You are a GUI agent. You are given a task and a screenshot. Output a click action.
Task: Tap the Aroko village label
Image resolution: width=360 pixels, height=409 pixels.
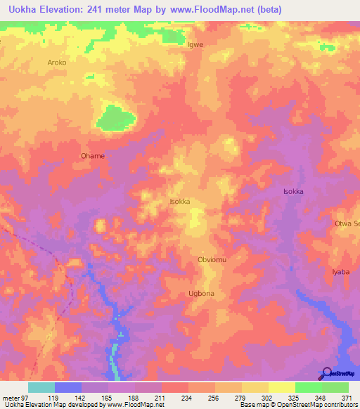tap(56, 63)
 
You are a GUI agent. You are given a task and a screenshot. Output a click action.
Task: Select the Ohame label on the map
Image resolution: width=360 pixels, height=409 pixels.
tap(93, 156)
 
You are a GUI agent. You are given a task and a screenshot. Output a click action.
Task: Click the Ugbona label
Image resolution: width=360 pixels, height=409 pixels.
tap(201, 293)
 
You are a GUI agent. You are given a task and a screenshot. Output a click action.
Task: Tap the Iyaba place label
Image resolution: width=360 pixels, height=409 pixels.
tap(340, 271)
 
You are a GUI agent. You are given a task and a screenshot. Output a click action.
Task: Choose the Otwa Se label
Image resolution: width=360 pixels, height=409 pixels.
tap(347, 223)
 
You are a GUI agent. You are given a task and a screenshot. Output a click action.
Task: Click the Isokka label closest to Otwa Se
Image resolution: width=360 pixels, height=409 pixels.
tap(292, 191)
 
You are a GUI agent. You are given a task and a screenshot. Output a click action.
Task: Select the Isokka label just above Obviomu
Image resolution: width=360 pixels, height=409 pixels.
tap(180, 202)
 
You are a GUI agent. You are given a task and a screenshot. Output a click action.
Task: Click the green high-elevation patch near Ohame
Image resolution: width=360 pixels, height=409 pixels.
tap(116, 117)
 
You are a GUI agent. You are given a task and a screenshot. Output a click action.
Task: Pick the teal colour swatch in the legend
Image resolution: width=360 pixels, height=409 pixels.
tap(41, 387)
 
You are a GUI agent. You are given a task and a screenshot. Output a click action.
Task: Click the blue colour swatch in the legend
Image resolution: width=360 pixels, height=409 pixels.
tap(68, 387)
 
